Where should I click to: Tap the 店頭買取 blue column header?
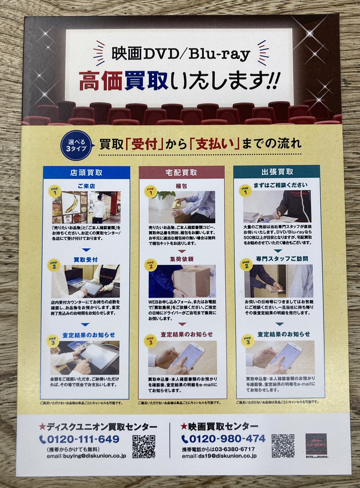coord(86,172)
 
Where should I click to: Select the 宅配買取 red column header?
coord(182,172)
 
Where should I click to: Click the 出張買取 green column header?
coord(277,172)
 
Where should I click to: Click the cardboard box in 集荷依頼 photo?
coord(192,281)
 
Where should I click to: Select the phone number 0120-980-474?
coord(223,438)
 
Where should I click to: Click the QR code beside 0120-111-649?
coord(144,446)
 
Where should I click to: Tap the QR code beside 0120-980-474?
coord(283,446)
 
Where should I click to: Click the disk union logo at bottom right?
coord(317,445)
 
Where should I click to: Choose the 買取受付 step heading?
coord(85,259)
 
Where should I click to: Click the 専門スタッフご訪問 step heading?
coord(282,259)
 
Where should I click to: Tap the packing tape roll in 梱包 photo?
coord(176,203)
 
